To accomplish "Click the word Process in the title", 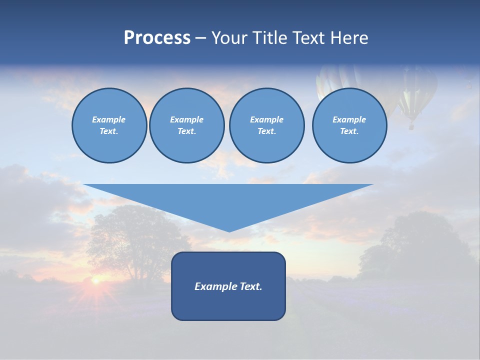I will (x=157, y=38).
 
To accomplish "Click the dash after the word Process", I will (x=200, y=39).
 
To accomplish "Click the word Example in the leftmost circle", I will (x=109, y=119).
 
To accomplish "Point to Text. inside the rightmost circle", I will (x=349, y=131).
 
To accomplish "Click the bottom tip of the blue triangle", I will (x=229, y=230).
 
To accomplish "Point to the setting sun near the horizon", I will (x=95, y=282).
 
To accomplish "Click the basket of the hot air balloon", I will (x=411, y=126).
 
